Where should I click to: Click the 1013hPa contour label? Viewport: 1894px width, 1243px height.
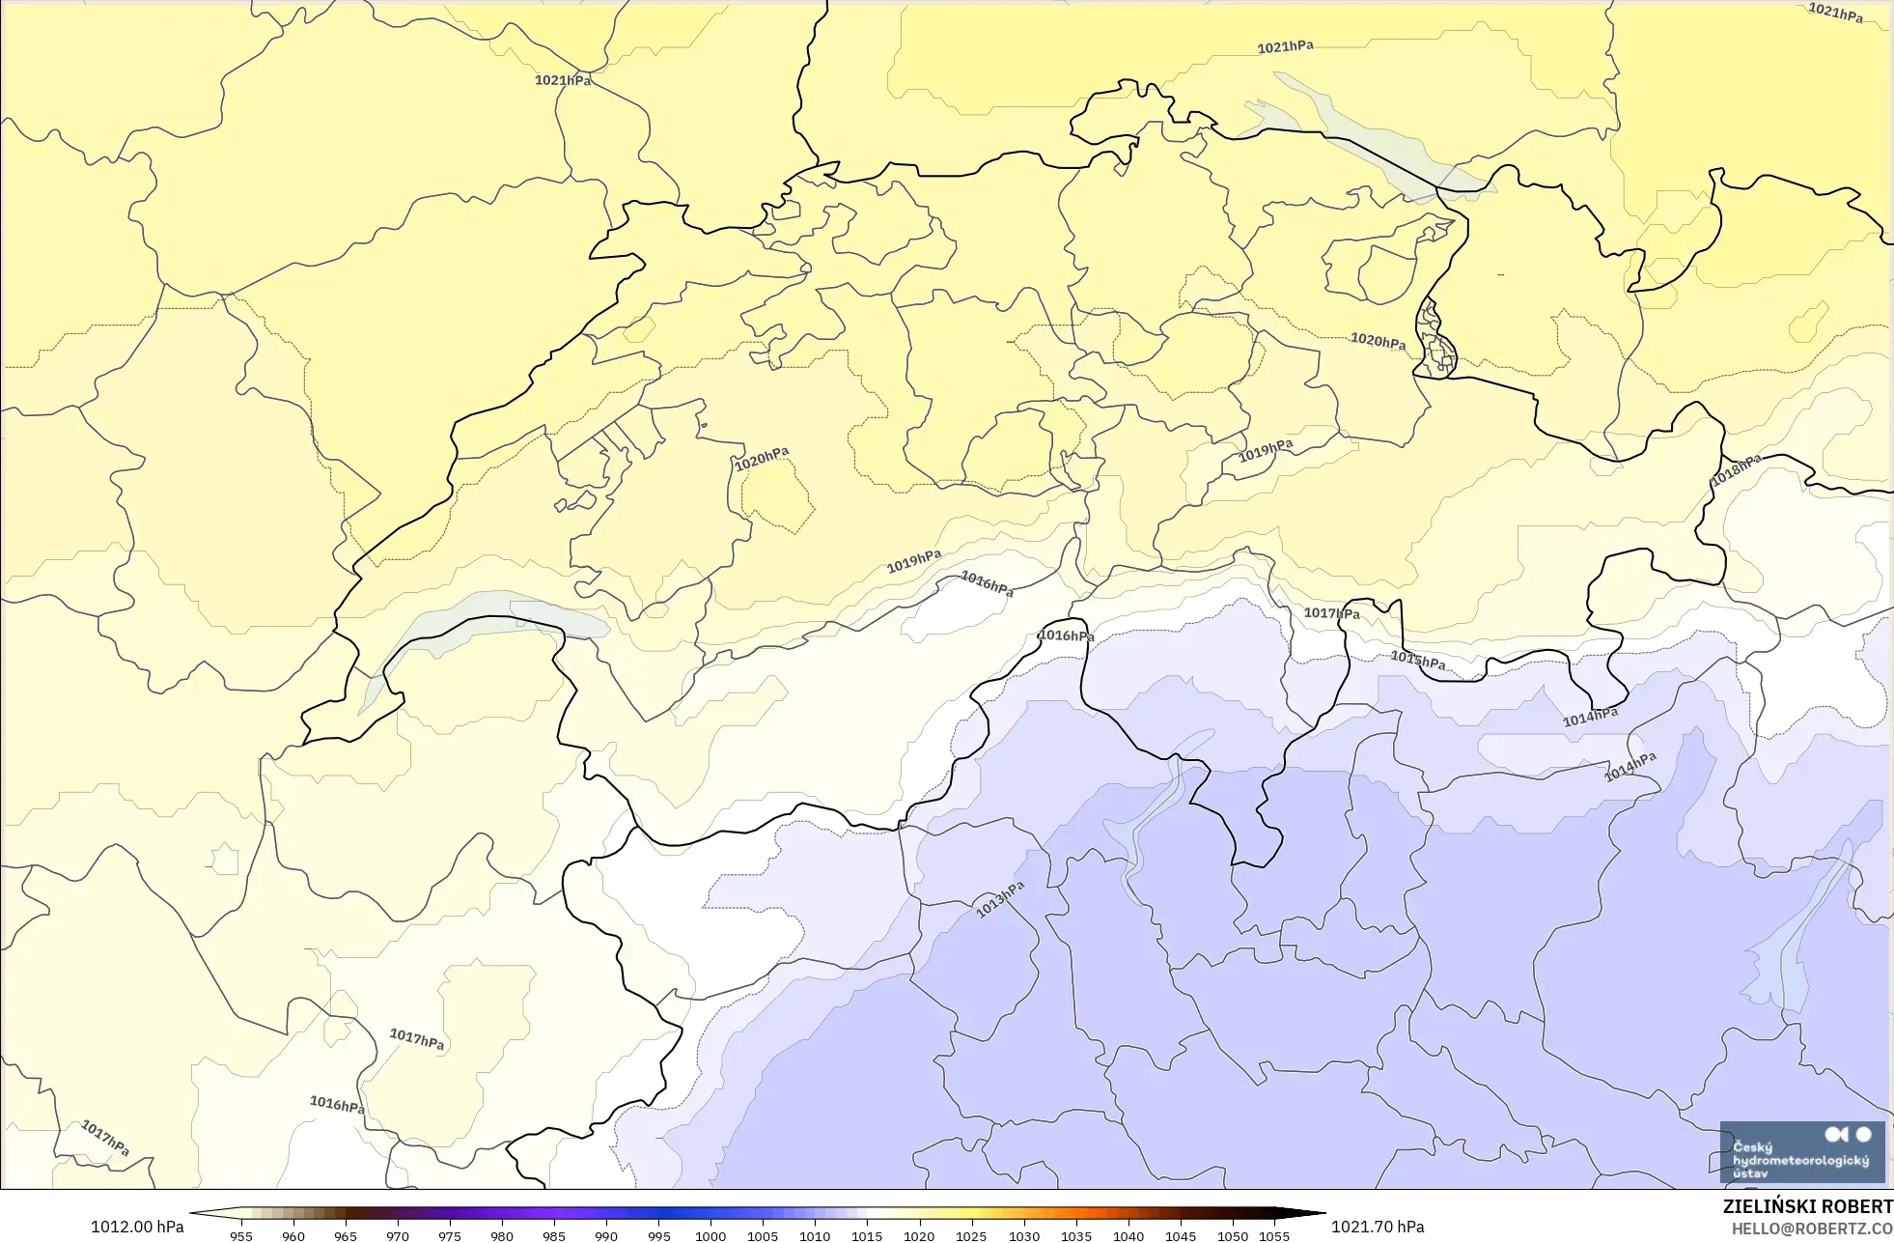(x=999, y=899)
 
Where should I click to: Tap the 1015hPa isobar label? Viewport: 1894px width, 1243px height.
(x=1418, y=661)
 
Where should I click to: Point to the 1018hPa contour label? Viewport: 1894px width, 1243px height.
(x=1736, y=469)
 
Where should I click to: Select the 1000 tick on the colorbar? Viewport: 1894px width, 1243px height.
(x=710, y=1235)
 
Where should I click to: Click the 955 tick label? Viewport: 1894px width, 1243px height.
(x=241, y=1235)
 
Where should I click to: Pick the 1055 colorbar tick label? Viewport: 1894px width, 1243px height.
(x=1274, y=1235)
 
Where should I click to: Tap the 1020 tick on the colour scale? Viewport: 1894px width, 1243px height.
(x=919, y=1235)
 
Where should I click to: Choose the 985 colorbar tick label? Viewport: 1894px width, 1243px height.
(x=554, y=1235)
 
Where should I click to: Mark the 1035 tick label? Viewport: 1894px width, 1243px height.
(x=1075, y=1235)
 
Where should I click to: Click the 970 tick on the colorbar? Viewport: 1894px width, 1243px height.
(x=398, y=1235)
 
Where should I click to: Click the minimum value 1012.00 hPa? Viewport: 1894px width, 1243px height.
(x=137, y=1227)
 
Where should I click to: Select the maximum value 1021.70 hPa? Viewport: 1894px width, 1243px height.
(x=1378, y=1227)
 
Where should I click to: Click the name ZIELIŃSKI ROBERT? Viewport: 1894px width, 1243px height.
(x=1807, y=1206)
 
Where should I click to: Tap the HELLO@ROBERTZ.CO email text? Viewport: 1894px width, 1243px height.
(x=1811, y=1229)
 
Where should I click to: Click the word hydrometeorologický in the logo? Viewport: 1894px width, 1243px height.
(x=1800, y=1160)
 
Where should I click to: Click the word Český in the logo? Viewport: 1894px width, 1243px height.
(x=1752, y=1147)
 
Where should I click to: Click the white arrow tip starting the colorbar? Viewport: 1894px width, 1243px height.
(x=197, y=1213)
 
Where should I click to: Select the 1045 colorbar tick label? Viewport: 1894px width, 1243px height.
(x=1180, y=1235)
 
